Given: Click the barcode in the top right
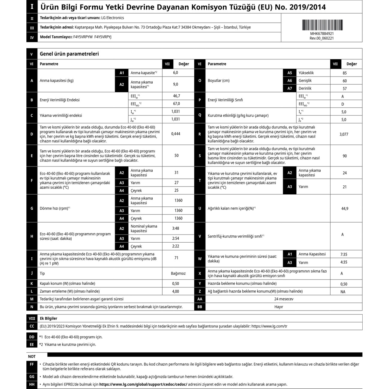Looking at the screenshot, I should [x=322, y=25].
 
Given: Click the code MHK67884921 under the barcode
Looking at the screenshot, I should [x=322, y=34].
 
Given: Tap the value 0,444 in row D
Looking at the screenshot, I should [x=176, y=134].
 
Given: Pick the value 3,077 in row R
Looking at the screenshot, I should [x=344, y=134].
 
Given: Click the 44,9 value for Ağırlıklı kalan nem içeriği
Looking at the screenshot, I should [x=345, y=209].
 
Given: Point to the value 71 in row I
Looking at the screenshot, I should [x=176, y=258].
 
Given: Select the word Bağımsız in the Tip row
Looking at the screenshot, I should [x=178, y=274].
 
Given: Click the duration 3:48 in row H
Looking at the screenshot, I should [x=175, y=229].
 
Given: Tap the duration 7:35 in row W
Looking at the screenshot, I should [x=344, y=255].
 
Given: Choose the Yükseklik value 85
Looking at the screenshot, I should [x=345, y=73].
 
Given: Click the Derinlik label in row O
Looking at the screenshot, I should [x=305, y=88].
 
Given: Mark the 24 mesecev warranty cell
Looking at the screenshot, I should [x=284, y=299].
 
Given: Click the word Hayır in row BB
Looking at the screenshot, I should [x=279, y=307].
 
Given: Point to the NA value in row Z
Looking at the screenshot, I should [x=343, y=292].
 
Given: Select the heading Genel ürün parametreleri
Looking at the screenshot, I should [x=69, y=54].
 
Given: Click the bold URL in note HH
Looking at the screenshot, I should [x=143, y=385].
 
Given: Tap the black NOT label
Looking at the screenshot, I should [x=32, y=357].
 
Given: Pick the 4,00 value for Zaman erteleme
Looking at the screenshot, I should [x=175, y=292].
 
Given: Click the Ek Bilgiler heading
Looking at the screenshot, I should [x=48, y=319].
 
